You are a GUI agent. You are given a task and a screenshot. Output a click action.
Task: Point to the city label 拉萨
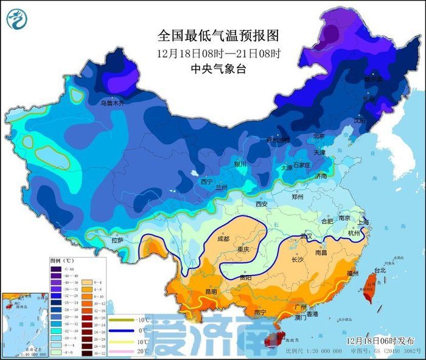tap(119, 241)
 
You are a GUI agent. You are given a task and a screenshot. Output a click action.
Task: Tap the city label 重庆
tap(243, 249)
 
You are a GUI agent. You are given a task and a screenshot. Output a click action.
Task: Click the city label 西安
tap(262, 204)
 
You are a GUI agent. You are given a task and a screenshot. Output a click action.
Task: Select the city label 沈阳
tap(360, 120)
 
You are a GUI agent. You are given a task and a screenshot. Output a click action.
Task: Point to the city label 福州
tap(352, 274)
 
